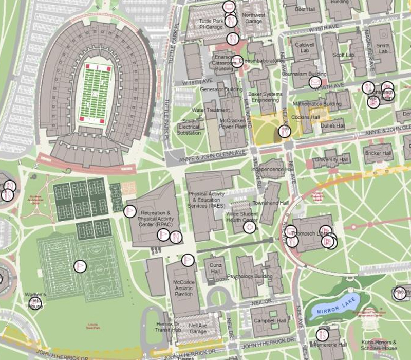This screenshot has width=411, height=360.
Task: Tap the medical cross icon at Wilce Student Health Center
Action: tap(250, 227)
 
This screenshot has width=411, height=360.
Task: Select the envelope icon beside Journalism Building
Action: tap(314, 82)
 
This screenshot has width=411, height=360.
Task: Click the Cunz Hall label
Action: tap(215, 268)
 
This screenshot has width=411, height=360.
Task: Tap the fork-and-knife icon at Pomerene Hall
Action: tap(322, 334)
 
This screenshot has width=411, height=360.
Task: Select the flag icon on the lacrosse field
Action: tap(80, 266)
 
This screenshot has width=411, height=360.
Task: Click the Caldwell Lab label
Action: tap(305, 47)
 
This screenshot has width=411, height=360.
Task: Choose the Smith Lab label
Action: tap(383, 48)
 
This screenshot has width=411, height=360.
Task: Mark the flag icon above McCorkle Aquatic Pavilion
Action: tap(188, 260)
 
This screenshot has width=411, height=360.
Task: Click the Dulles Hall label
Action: tap(332, 125)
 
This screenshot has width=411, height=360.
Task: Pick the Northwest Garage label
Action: tap(254, 19)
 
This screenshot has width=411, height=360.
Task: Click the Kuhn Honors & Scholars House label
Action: tap(379, 345)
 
